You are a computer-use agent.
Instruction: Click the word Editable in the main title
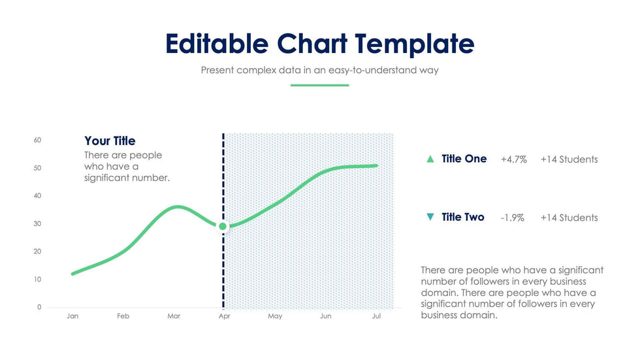[x=217, y=43]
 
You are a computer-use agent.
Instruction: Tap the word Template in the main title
[x=415, y=43]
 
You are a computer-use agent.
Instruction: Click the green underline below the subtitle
[x=319, y=85]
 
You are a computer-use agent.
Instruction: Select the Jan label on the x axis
[x=72, y=316]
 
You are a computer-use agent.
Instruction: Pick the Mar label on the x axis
[x=174, y=316]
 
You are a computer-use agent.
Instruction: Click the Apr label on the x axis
[x=224, y=316]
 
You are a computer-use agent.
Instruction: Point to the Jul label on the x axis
[x=376, y=316]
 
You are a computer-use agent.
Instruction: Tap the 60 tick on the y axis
[x=38, y=140]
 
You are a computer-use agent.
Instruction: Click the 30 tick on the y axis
[x=38, y=223]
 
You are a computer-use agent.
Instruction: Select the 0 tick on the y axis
[x=39, y=307]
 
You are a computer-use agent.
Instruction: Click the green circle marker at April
[x=223, y=226]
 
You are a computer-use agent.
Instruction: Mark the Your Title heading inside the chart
[x=110, y=141]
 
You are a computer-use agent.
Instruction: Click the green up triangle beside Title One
[x=430, y=159]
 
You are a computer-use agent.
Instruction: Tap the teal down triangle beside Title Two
[x=430, y=217]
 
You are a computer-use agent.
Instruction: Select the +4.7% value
[x=513, y=159]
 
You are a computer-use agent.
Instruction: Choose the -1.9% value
[x=512, y=218]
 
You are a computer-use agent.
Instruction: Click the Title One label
[x=464, y=159]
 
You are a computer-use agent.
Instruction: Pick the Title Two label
[x=463, y=217]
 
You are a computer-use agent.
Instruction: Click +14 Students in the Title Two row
[x=569, y=218]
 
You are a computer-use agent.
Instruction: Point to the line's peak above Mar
[x=177, y=207]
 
